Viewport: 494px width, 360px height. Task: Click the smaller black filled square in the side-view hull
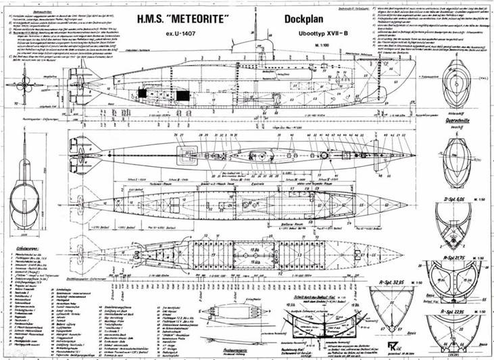tap(143, 93)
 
